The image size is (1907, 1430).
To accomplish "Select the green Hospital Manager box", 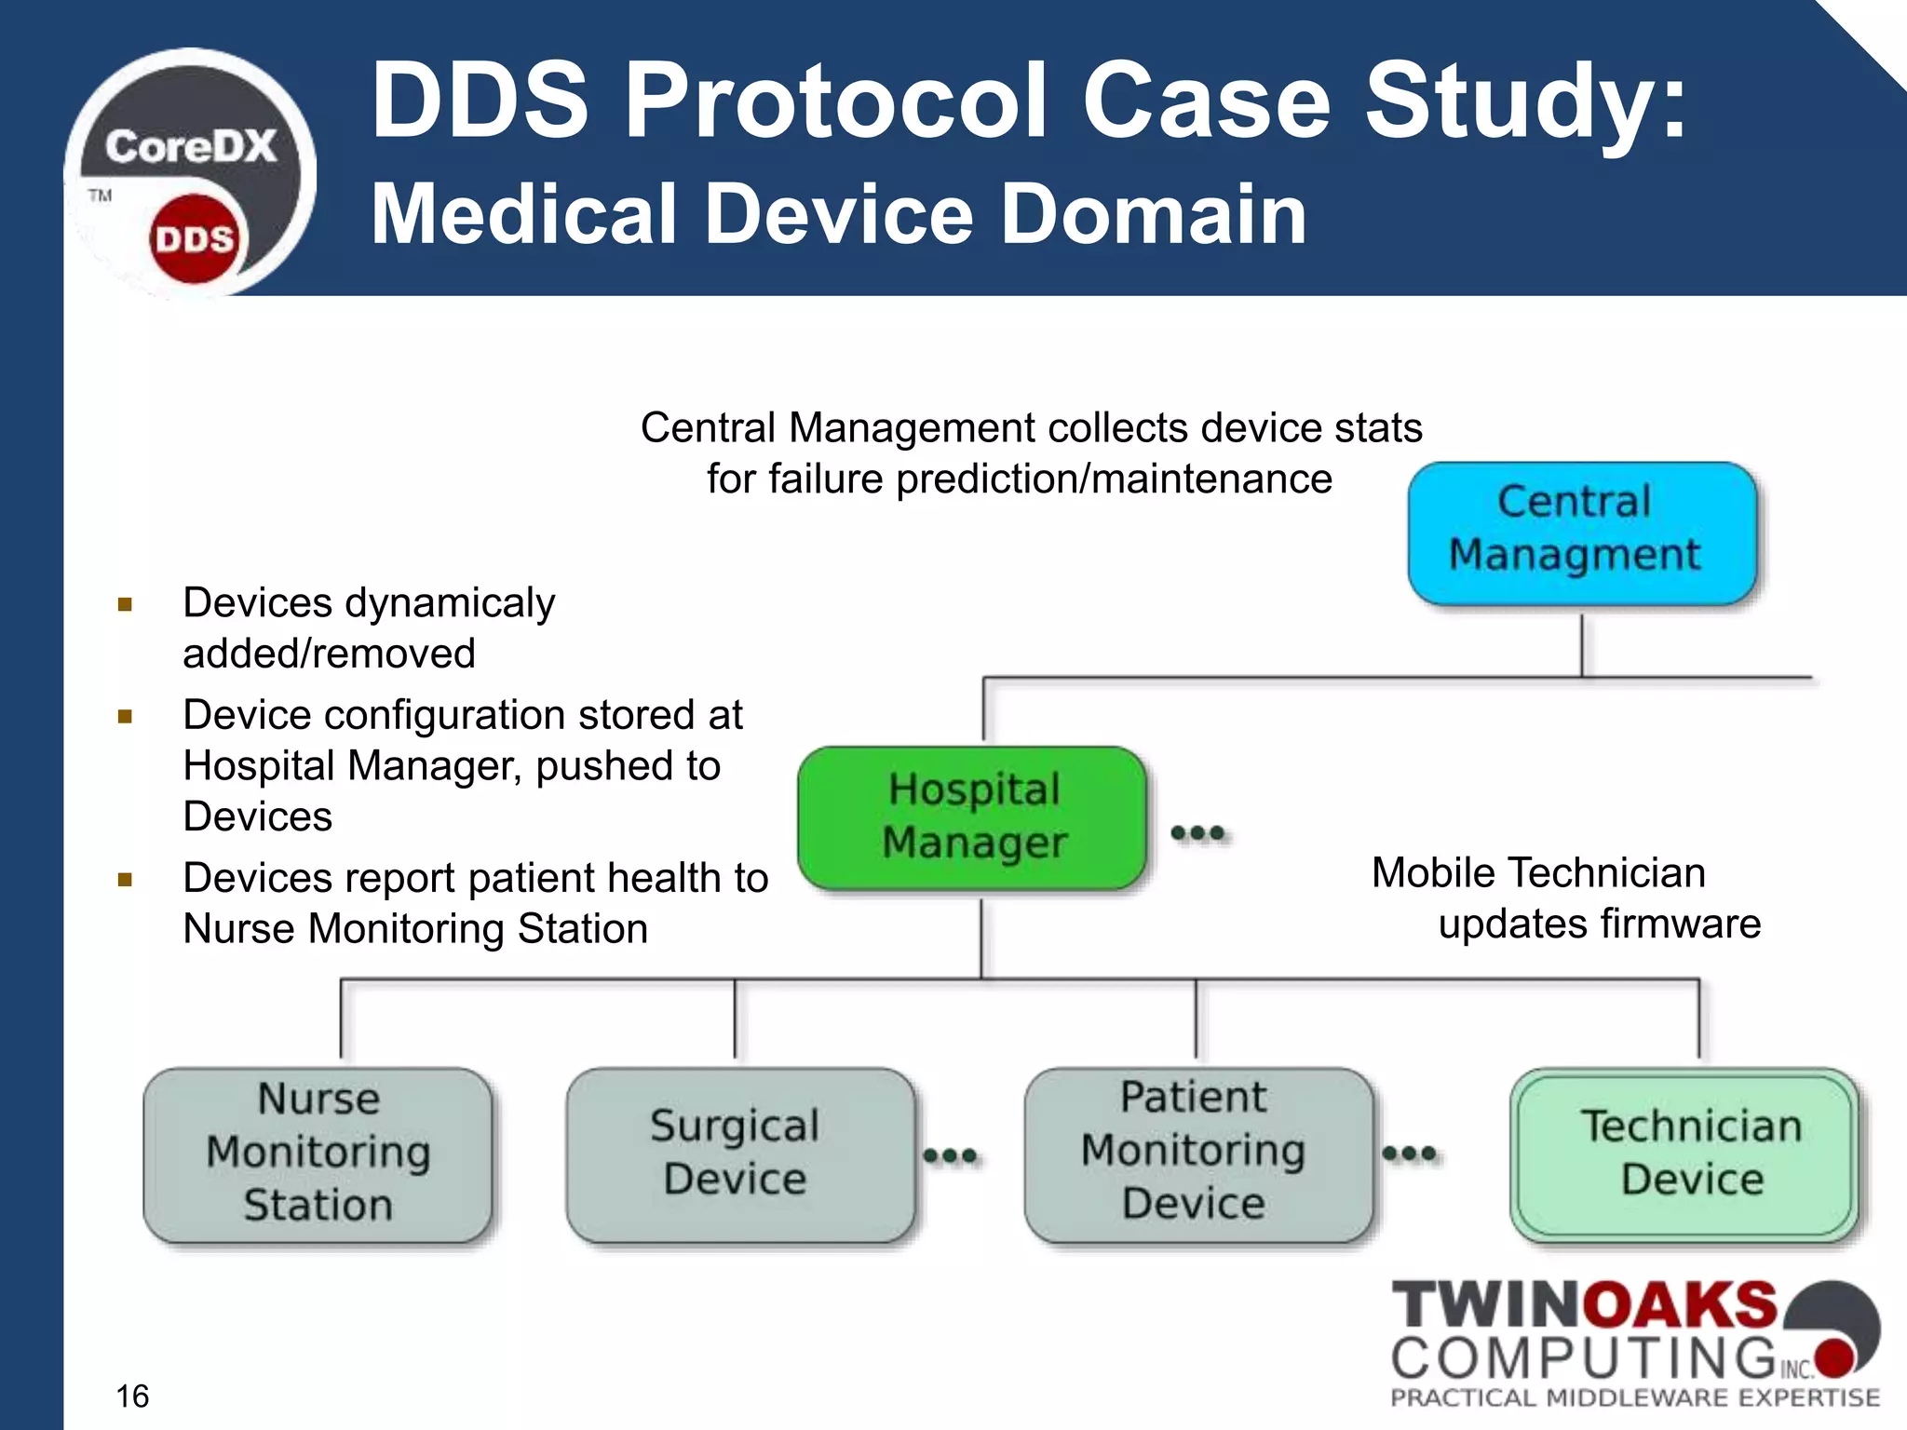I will [x=973, y=817].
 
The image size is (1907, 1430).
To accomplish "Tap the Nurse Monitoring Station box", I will [x=318, y=1153].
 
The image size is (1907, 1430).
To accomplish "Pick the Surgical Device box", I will [x=739, y=1153].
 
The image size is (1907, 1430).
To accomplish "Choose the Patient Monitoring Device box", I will [x=1197, y=1153].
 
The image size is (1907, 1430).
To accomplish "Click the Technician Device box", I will [x=1684, y=1153].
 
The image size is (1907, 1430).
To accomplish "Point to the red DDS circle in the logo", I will [x=194, y=239].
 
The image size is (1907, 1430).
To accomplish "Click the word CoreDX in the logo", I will [x=191, y=147].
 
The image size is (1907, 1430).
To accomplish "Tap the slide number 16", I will [x=132, y=1396].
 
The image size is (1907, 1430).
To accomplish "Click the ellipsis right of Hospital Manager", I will [x=1197, y=832].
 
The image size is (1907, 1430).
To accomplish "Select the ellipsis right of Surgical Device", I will [x=950, y=1155].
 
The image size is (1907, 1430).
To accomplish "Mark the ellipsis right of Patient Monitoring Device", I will [x=1409, y=1153].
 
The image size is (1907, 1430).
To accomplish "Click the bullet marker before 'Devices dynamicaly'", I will [x=126, y=605].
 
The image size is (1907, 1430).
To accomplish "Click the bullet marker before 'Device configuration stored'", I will [x=126, y=716].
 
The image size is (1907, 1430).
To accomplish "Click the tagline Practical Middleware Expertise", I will [x=1634, y=1397].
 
